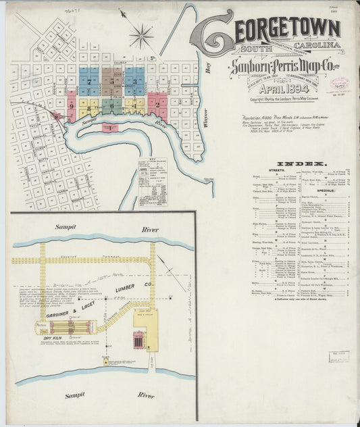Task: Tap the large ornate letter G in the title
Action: (x=215, y=32)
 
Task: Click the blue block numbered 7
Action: (x=89, y=81)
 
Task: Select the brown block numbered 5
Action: (x=112, y=81)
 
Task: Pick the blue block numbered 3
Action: (x=134, y=81)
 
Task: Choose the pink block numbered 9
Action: (x=71, y=105)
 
